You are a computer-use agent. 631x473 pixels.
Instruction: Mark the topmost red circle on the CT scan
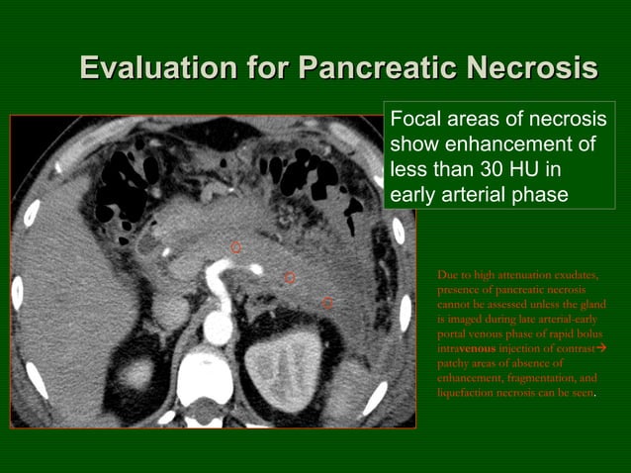pyautogui.click(x=235, y=247)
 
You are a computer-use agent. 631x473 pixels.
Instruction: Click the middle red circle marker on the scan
pyautogui.click(x=290, y=278)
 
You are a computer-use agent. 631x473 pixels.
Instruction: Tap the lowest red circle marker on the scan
pyautogui.click(x=327, y=303)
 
